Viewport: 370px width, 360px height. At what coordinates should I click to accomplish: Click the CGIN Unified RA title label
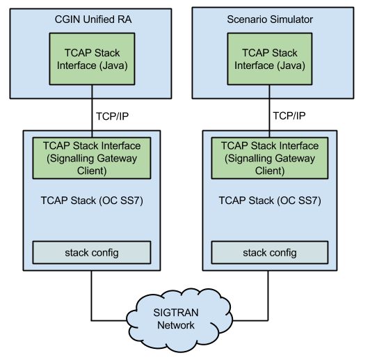tap(92, 19)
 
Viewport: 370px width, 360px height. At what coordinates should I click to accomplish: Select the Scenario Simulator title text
tap(270, 19)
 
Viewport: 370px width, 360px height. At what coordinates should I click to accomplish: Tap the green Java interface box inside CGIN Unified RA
tap(92, 59)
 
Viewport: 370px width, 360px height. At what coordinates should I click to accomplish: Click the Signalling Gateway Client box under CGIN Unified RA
tap(92, 158)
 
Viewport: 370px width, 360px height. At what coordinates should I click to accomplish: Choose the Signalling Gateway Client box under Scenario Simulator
tap(269, 158)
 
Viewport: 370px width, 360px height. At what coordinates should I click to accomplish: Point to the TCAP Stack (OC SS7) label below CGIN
tap(92, 201)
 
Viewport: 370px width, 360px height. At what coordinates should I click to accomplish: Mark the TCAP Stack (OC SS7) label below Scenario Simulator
tap(269, 201)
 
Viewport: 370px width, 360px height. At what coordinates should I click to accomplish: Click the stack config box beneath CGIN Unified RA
tap(92, 251)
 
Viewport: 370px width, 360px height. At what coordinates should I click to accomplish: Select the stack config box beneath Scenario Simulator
tap(269, 251)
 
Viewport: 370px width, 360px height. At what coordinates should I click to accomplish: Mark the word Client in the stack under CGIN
tap(92, 170)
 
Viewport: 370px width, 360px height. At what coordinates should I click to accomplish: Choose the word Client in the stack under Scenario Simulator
tap(269, 170)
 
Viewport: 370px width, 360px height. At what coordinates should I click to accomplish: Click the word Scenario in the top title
tap(247, 19)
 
